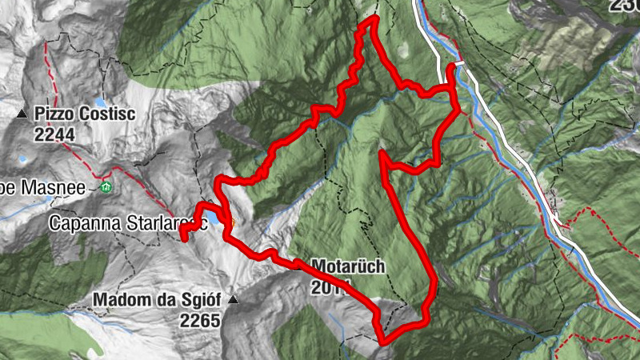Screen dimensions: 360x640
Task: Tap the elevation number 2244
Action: coord(54,135)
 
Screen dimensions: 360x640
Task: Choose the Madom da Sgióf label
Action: coord(158,301)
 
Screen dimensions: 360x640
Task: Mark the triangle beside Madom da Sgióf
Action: coord(233,301)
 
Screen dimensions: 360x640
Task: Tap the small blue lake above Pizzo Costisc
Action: coord(98,102)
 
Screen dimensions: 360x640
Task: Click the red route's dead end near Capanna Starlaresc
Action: coord(183,237)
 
